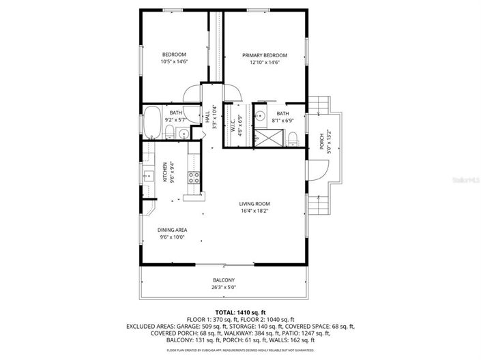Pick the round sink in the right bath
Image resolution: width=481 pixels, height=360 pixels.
coord(259,117)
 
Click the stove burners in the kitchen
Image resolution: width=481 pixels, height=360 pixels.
coord(194,178)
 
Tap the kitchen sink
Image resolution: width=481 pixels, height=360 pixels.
coord(147,177)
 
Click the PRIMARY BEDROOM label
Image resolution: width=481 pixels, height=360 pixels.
coord(265,55)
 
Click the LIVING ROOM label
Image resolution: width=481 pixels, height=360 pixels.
coord(254,204)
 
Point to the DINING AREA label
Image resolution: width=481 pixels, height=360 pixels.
coord(173,230)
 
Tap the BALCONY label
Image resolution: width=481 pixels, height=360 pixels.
coord(224,280)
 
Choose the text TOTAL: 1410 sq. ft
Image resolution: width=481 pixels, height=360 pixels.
coord(241,311)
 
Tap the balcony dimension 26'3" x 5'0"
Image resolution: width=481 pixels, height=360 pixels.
coord(224,288)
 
